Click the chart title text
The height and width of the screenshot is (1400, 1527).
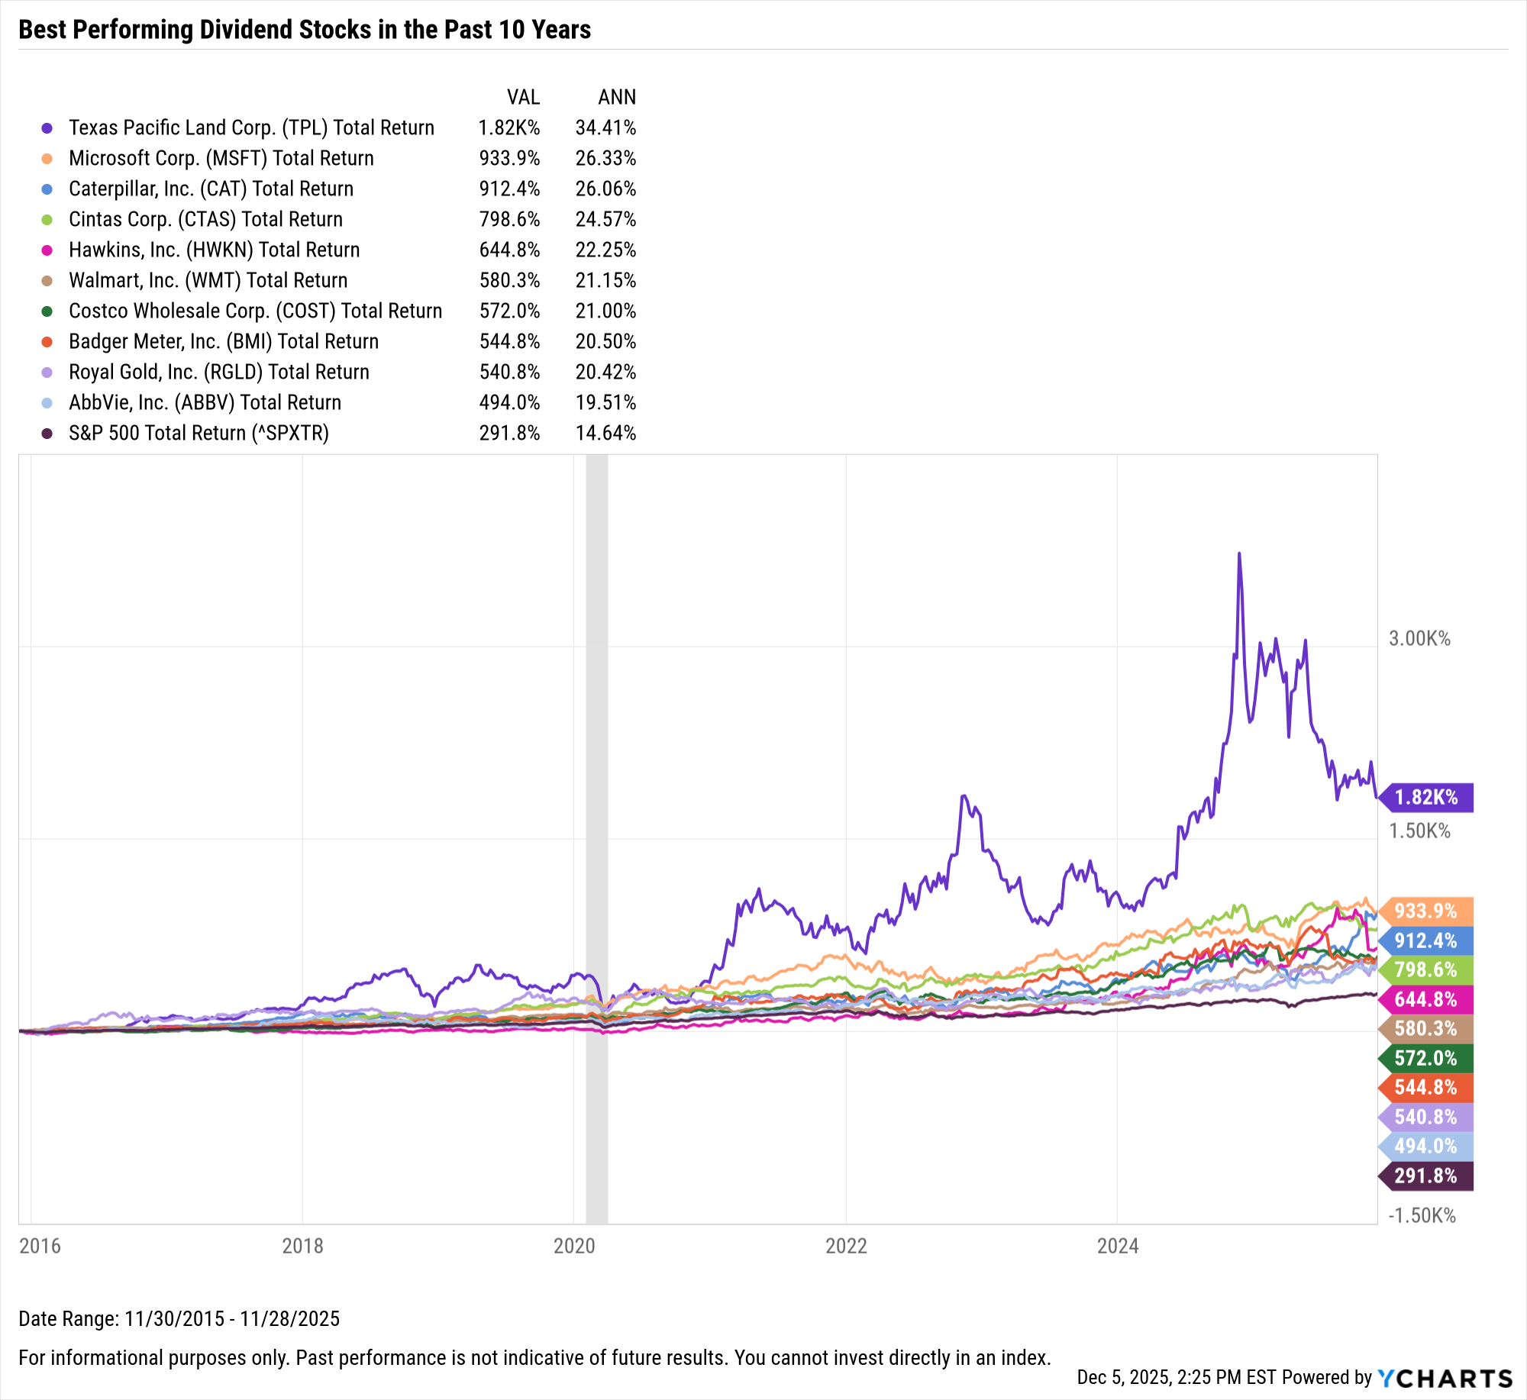(x=305, y=30)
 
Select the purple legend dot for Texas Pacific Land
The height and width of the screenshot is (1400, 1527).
(x=47, y=128)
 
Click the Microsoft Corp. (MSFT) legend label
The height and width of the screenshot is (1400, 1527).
(x=221, y=158)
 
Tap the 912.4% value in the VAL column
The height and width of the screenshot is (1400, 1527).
(x=509, y=189)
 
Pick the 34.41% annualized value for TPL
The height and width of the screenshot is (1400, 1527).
(x=605, y=127)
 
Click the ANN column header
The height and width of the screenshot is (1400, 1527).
(x=617, y=97)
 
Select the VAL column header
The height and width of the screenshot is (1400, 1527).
(x=523, y=97)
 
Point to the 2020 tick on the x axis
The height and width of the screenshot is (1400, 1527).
(x=574, y=1246)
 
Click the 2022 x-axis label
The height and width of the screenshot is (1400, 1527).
(x=846, y=1246)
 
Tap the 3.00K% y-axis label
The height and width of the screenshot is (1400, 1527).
(x=1419, y=639)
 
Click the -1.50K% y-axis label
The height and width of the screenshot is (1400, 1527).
(x=1422, y=1215)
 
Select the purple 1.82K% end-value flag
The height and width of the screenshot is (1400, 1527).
(x=1426, y=798)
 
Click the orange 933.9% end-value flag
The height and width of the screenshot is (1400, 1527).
(x=1426, y=911)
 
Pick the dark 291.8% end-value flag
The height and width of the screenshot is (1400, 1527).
(x=1426, y=1176)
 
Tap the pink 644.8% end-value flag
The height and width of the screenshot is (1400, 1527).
(x=1426, y=999)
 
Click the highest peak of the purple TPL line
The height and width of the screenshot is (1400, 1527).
(x=1239, y=553)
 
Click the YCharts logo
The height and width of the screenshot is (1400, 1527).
(x=1445, y=1378)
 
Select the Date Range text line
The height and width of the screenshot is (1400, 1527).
(x=179, y=1318)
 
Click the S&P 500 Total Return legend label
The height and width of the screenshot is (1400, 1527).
(x=199, y=433)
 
